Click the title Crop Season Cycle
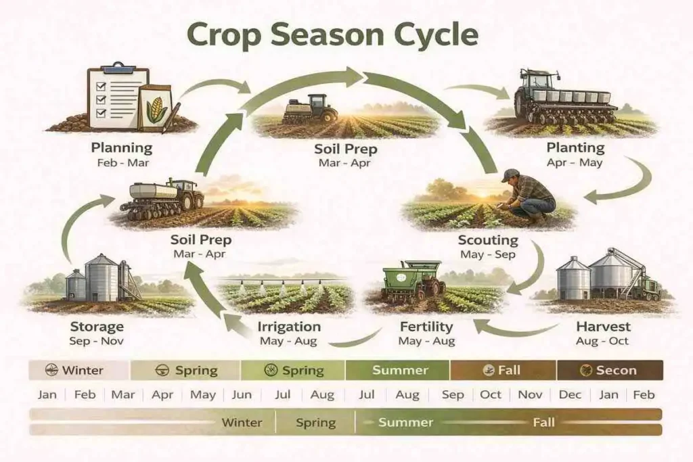pyautogui.click(x=332, y=34)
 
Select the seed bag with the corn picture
pyautogui.click(x=154, y=107)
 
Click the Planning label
pyautogui.click(x=122, y=147)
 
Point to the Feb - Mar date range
pyautogui.click(x=122, y=163)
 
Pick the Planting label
pyautogui.click(x=575, y=147)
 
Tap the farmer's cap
pyautogui.click(x=512, y=175)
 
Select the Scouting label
pyautogui.click(x=488, y=240)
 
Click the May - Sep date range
pyautogui.click(x=488, y=255)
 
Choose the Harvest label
pyautogui.click(x=603, y=327)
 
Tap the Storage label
pyautogui.click(x=97, y=327)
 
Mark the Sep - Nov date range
pyautogui.click(x=97, y=342)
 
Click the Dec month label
pyautogui.click(x=571, y=394)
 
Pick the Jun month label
pyautogui.click(x=242, y=394)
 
